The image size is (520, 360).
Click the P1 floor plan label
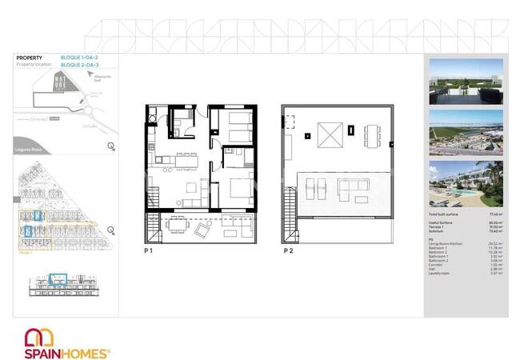(148, 250)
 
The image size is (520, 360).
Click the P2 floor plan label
(286, 250)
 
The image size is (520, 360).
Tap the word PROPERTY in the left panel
(29, 58)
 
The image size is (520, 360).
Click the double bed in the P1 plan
(238, 192)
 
